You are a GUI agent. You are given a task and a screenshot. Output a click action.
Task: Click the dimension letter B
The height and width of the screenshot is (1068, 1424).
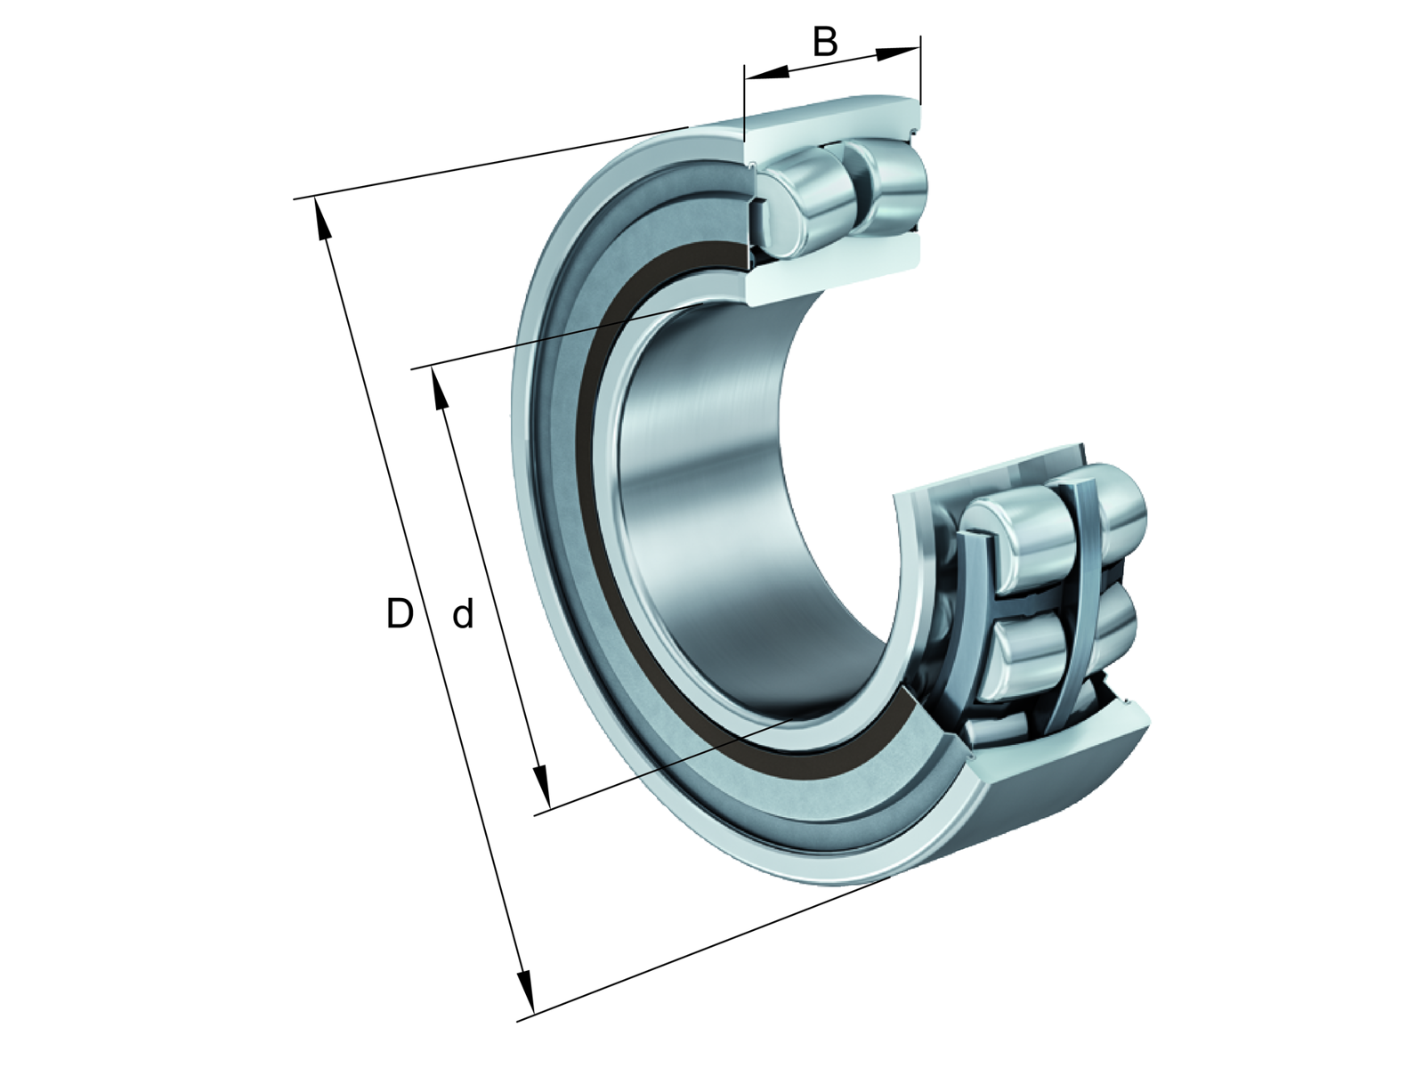(824, 42)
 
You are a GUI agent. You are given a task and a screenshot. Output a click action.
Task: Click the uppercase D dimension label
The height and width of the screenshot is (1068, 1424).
(400, 613)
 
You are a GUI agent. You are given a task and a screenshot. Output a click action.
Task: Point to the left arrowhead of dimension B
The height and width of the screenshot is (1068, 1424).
(766, 73)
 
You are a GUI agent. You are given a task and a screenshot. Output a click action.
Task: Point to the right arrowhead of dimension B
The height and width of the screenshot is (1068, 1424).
(899, 53)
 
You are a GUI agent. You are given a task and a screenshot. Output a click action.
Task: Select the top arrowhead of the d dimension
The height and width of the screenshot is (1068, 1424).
(439, 388)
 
